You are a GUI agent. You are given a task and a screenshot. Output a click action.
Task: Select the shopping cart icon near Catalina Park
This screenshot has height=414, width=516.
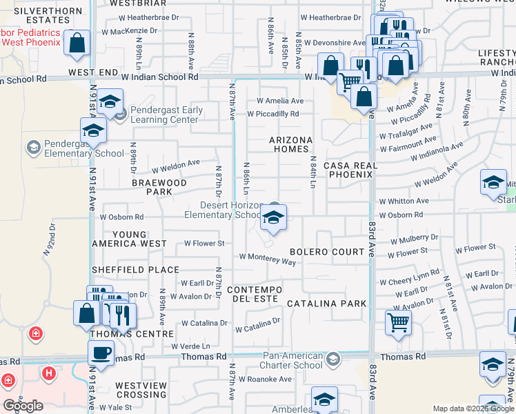pos(399,322)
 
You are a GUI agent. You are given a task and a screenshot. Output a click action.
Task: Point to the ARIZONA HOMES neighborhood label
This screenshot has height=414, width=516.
pos(290,144)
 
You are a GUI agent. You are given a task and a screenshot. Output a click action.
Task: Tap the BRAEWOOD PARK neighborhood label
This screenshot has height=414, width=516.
pos(160,187)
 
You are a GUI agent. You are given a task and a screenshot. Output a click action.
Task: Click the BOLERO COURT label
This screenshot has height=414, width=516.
pos(327,252)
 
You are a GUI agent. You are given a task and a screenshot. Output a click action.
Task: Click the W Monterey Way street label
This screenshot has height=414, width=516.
pos(268,258)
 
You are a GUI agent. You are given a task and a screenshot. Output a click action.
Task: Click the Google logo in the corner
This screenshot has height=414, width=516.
pos(23,405)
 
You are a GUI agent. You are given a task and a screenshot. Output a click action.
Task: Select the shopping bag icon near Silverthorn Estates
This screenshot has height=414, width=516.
pos(78,43)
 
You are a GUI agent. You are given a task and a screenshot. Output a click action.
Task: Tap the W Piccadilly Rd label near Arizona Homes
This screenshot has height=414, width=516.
pos(277,115)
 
